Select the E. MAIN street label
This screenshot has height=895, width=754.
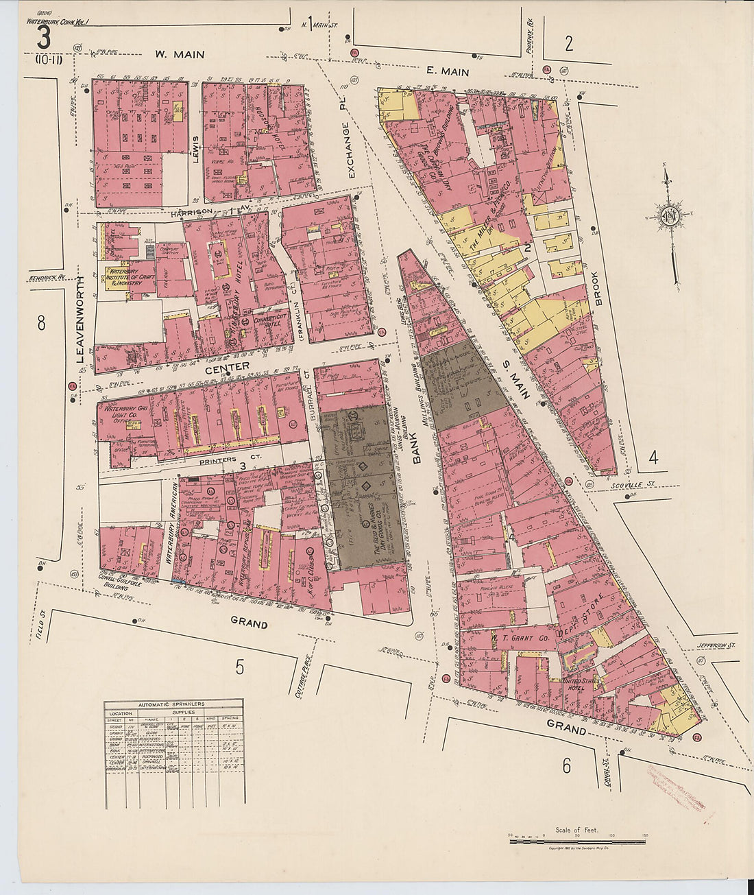tap(447, 71)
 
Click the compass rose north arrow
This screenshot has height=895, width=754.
tap(669, 218)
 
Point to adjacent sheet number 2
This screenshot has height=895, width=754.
tap(568, 44)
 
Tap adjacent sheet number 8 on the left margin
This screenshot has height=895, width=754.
tap(41, 323)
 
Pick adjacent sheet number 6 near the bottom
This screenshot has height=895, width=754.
tap(567, 766)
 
